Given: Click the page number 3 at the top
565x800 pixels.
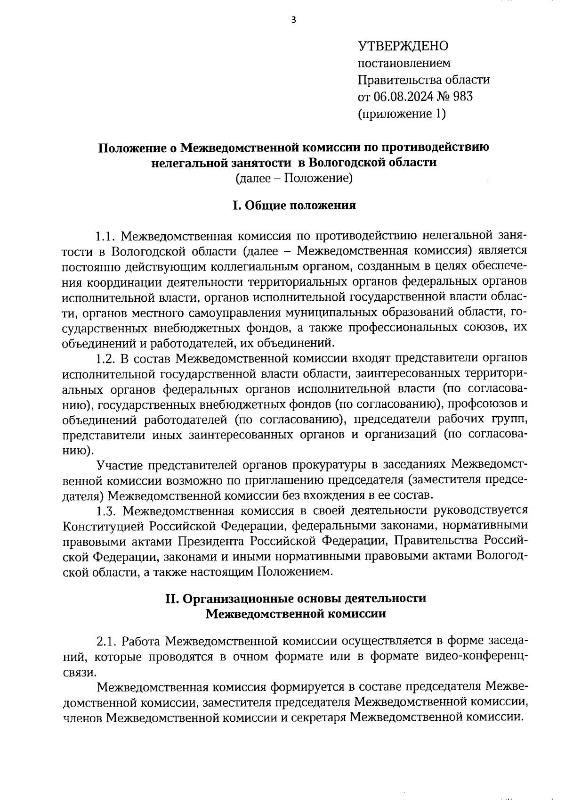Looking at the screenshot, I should tap(294, 20).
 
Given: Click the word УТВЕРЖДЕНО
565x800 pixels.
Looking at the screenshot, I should tap(404, 46).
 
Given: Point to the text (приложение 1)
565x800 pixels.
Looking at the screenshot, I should tap(402, 114).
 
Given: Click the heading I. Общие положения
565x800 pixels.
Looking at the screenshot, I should tap(294, 206).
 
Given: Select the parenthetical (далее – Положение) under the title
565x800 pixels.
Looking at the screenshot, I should tap(294, 178).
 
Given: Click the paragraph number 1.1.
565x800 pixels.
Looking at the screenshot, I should tap(105, 235).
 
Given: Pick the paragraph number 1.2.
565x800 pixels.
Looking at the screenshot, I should tap(105, 358).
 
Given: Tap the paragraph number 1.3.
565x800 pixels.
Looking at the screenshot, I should tap(106, 511).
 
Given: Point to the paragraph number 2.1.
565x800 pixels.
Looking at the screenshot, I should tap(106, 642).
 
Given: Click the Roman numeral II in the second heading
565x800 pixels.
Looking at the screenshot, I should tap(171, 599).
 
